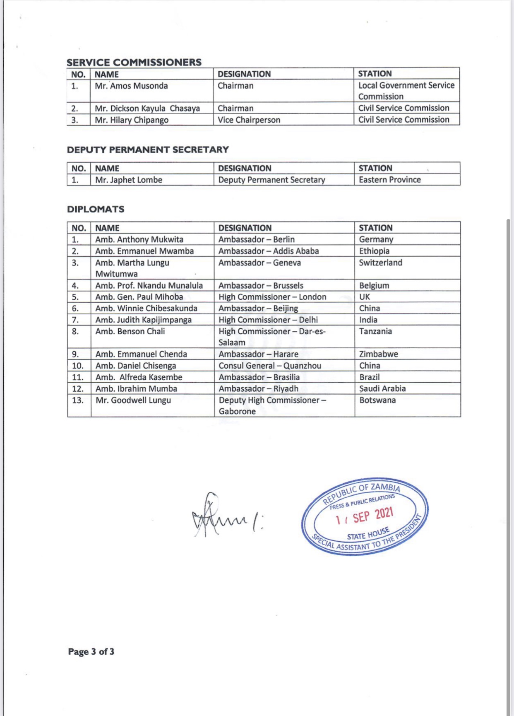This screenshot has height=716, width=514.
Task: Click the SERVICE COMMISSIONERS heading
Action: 134,62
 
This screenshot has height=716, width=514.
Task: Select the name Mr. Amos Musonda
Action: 131,86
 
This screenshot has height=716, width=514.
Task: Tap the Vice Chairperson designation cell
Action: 249,120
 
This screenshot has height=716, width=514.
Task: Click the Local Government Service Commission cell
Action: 406,91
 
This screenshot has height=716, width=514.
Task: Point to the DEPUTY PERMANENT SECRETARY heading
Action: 148,149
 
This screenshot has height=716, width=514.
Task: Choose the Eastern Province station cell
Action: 389,180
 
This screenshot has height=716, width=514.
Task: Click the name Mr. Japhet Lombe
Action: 129,180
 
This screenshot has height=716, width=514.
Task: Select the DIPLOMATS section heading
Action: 96,209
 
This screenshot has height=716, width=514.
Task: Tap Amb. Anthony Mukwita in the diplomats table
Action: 139,240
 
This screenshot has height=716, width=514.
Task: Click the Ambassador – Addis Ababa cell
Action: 269,251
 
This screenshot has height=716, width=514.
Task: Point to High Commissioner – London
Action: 272,297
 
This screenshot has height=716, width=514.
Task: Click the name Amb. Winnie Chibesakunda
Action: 146,309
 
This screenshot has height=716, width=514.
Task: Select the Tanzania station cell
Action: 375,331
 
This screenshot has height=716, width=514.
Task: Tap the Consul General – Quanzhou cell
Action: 270,366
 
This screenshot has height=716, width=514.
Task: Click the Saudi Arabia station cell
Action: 382,389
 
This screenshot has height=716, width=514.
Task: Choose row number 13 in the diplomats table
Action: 78,400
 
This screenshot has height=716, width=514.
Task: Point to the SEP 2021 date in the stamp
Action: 372,516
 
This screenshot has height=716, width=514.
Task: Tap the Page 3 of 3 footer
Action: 91,652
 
